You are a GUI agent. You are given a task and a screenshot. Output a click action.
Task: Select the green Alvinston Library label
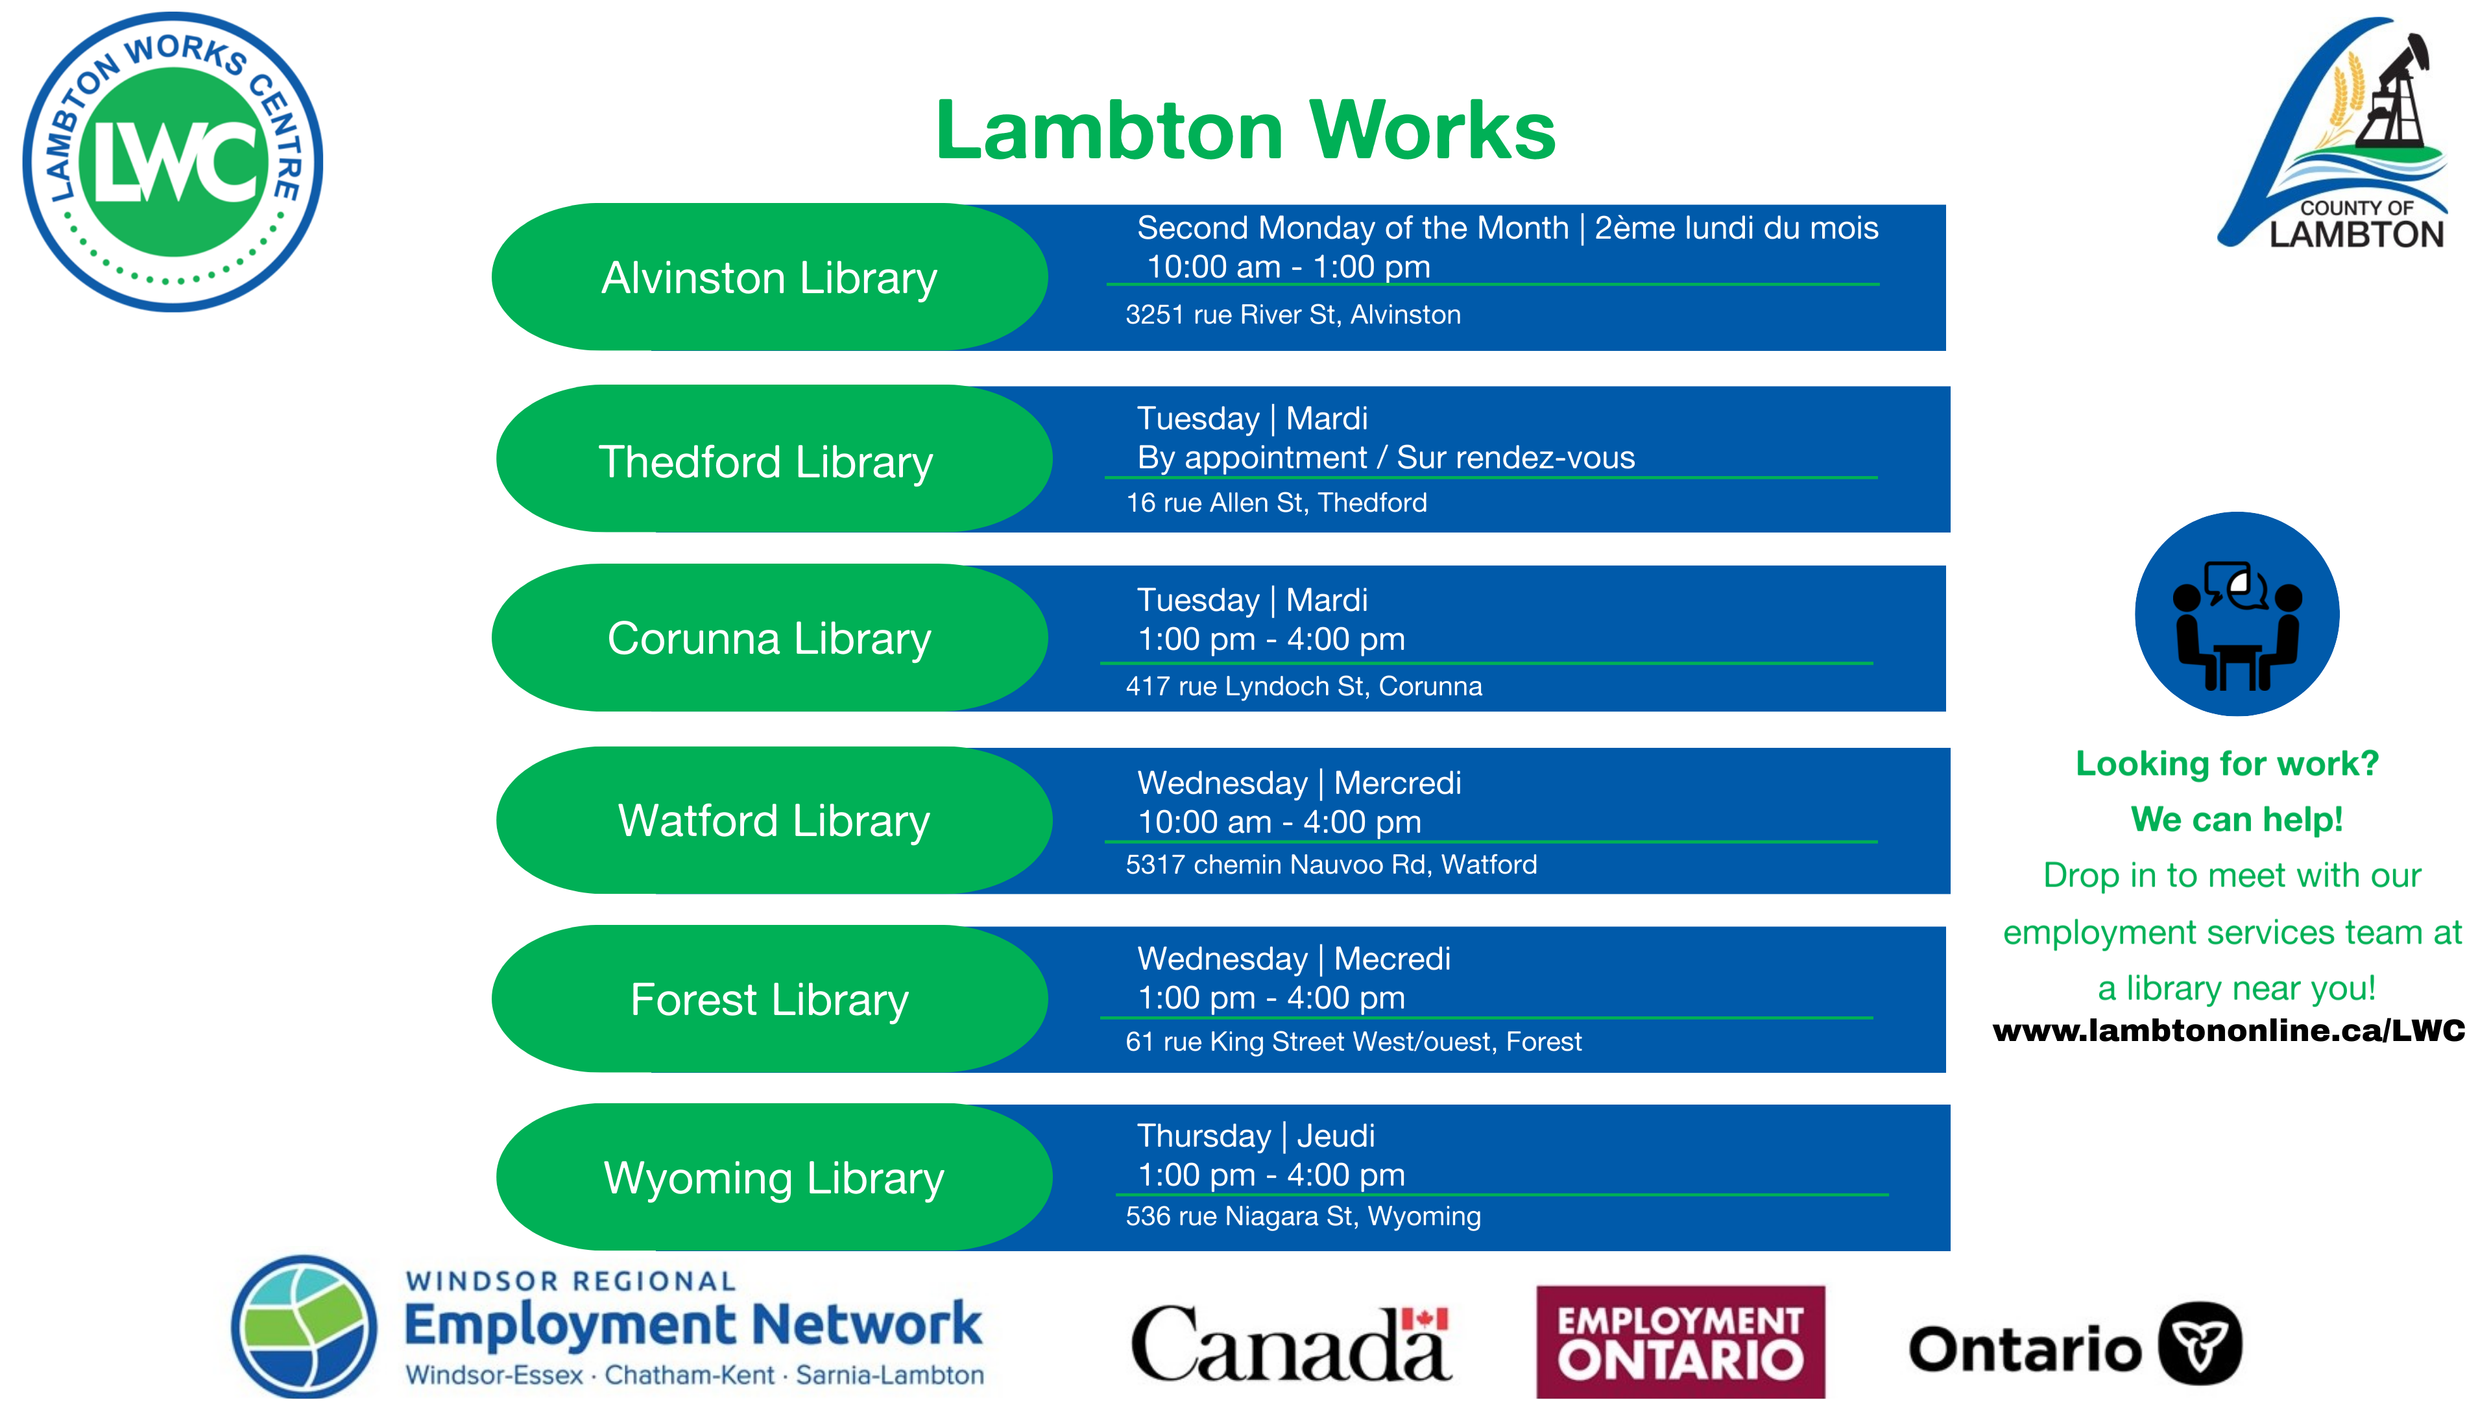(770, 278)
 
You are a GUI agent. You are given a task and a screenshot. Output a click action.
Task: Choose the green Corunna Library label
(770, 638)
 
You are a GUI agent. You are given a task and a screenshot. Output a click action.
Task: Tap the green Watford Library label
(774, 820)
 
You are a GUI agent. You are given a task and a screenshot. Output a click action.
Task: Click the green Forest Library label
(770, 999)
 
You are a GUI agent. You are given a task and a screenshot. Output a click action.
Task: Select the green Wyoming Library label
(774, 1178)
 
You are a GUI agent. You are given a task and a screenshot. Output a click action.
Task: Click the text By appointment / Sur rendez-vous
(1386, 457)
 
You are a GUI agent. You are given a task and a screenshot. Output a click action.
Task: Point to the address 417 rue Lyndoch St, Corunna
(1303, 686)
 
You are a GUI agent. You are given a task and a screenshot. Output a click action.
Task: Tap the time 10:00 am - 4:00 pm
(1279, 822)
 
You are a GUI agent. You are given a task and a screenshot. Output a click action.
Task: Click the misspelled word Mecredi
(1393, 958)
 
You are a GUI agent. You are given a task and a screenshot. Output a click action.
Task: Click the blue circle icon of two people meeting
(2237, 614)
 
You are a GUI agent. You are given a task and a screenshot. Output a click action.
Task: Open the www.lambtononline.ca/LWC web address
(2229, 1031)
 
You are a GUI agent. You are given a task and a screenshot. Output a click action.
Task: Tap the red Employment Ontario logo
(1681, 1341)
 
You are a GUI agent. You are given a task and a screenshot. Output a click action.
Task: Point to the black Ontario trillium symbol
(2201, 1344)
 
